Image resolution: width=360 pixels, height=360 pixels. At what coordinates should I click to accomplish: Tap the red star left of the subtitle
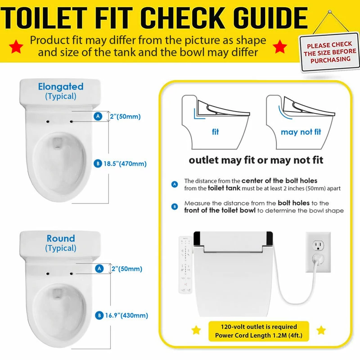(16, 46)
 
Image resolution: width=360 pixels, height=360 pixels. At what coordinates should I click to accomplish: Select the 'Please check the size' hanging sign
(330, 52)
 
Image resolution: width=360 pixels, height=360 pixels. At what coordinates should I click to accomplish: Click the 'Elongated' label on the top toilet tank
(61, 86)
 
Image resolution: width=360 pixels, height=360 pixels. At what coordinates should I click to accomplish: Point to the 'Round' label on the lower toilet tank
(61, 238)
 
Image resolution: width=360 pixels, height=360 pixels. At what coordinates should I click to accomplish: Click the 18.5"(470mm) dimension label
(125, 164)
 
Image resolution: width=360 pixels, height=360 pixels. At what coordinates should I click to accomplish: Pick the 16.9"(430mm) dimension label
(126, 315)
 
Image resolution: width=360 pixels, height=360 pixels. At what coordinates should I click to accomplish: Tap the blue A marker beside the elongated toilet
(98, 116)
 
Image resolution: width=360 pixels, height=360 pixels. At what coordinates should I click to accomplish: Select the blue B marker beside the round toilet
(99, 315)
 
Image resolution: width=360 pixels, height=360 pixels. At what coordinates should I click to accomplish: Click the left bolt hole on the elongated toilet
(48, 121)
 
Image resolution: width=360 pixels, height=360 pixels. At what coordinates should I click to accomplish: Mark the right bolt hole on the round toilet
(71, 274)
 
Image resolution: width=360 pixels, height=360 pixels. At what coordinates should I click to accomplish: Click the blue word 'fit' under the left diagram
(216, 132)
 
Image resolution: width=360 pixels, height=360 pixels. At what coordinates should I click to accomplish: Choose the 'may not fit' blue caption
(301, 132)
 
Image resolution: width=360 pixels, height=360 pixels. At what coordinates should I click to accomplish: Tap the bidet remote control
(185, 265)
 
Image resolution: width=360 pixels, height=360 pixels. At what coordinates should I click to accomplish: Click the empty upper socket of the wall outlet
(318, 246)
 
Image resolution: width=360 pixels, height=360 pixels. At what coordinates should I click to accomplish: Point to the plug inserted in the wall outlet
(319, 260)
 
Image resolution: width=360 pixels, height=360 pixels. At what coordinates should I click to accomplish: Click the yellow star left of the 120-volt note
(196, 330)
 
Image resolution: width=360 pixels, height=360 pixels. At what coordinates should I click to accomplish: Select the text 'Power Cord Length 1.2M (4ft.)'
(259, 335)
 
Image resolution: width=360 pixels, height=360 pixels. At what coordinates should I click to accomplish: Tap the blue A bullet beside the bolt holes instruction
(175, 184)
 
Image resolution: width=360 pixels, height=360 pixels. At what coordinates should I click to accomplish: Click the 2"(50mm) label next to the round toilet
(127, 269)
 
